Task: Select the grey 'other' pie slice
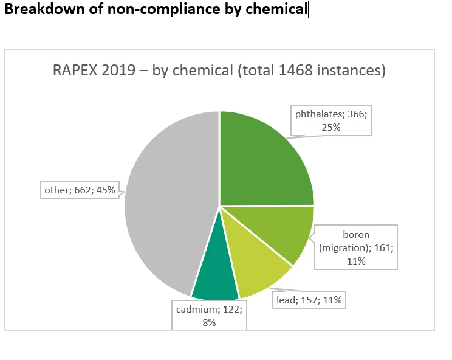point(170,202)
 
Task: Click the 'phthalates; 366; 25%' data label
point(331,120)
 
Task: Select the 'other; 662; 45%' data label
point(80,190)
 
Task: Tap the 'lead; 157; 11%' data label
point(309,300)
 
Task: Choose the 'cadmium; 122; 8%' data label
point(209,316)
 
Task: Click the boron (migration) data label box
point(356,247)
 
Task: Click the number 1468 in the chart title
point(296,70)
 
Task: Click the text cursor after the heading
point(308,9)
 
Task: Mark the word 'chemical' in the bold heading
point(276,9)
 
